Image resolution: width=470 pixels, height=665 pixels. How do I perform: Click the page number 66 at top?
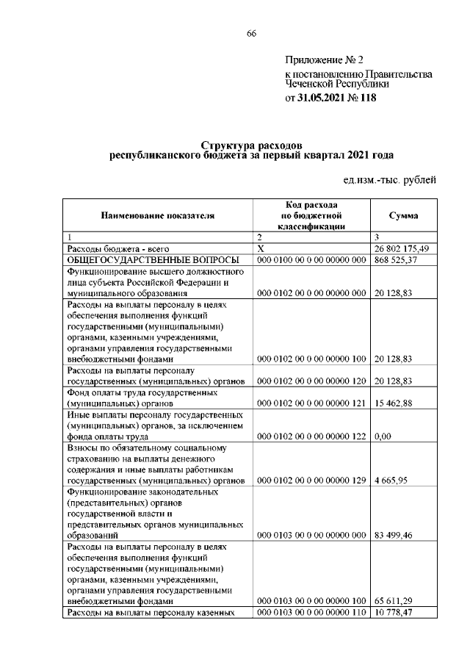pyautogui.click(x=251, y=34)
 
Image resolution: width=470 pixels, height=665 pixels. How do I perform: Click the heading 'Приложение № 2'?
pyautogui.click(x=324, y=60)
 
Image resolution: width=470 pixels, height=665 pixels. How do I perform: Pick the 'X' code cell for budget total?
pyautogui.click(x=260, y=250)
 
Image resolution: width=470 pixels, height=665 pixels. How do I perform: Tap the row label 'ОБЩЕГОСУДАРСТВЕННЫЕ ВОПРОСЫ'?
pyautogui.click(x=153, y=261)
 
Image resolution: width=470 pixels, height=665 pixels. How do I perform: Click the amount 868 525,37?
pyautogui.click(x=396, y=261)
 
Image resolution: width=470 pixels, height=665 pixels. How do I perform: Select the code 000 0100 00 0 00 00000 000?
pyautogui.click(x=311, y=261)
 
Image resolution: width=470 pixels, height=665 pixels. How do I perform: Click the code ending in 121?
pyautogui.click(x=311, y=403)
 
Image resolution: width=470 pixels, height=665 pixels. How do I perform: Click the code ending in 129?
pyautogui.click(x=311, y=481)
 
